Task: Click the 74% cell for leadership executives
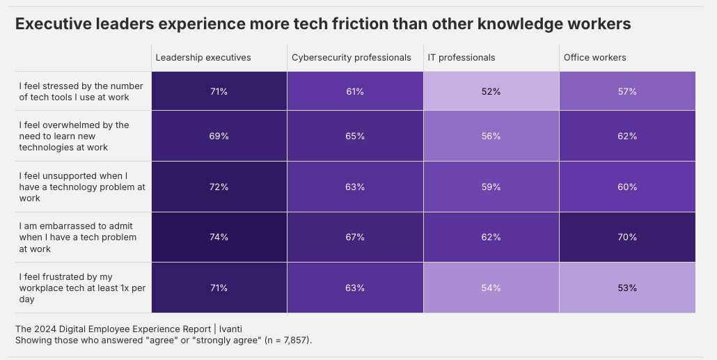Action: point(219,237)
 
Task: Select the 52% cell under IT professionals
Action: point(491,91)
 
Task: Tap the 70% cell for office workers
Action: point(627,237)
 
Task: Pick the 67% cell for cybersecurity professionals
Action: point(355,237)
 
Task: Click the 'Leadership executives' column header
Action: point(203,58)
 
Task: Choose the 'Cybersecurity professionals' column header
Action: point(351,58)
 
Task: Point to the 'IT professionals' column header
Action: point(462,58)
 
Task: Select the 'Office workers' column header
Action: point(594,58)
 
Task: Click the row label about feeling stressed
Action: point(81,91)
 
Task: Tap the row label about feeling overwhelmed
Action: point(74,136)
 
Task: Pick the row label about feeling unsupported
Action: point(81,187)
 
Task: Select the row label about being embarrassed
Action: point(77,237)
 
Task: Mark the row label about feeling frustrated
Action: point(82,288)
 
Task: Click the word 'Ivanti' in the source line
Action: point(228,329)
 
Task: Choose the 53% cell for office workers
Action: point(627,288)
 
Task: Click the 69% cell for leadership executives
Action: point(219,136)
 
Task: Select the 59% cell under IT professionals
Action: point(491,187)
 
